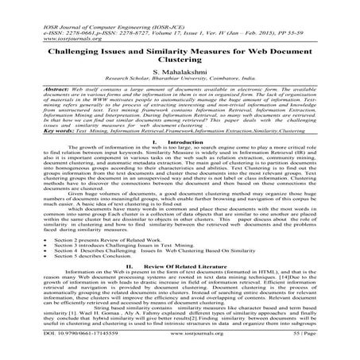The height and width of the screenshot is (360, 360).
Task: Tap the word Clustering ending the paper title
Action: tap(180, 57)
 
